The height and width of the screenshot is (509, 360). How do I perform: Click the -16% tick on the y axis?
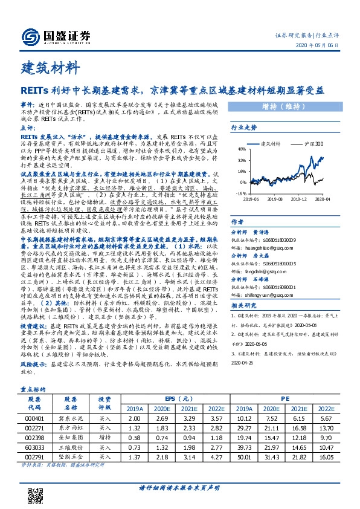[x=241, y=193]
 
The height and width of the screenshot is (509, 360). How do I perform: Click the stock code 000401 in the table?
[x=37, y=418]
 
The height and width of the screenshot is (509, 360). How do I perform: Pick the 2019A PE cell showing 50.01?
[x=262, y=458]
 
